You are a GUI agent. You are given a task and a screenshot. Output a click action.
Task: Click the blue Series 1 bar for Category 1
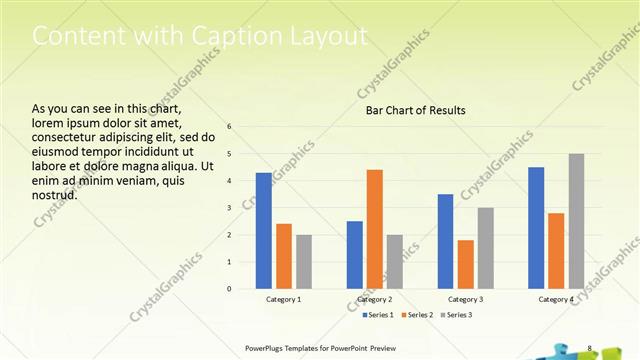pyautogui.click(x=263, y=231)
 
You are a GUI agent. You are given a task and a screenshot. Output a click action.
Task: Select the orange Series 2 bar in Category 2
pyautogui.click(x=375, y=229)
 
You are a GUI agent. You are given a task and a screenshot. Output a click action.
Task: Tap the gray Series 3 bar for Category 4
pyautogui.click(x=577, y=221)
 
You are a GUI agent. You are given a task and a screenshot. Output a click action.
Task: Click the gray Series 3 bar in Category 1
pyautogui.click(x=304, y=262)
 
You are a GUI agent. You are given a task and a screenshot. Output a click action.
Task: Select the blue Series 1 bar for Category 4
pyautogui.click(x=536, y=228)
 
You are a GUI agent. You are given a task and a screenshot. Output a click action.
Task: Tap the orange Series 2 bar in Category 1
pyautogui.click(x=284, y=256)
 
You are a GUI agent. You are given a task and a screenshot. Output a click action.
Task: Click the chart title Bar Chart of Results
pyautogui.click(x=416, y=110)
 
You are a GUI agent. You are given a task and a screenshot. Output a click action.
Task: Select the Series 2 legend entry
pyautogui.click(x=416, y=315)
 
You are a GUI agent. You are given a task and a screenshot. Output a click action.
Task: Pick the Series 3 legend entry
pyautogui.click(x=455, y=315)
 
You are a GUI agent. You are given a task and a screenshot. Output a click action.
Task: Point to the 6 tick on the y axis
pyautogui.click(x=230, y=127)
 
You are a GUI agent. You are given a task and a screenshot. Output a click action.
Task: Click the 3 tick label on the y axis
pyautogui.click(x=230, y=208)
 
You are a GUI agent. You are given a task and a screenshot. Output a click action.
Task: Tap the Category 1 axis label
pyautogui.click(x=284, y=300)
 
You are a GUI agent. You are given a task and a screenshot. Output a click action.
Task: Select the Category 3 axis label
pyautogui.click(x=465, y=300)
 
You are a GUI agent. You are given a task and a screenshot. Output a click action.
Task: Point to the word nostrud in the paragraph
pyautogui.click(x=55, y=194)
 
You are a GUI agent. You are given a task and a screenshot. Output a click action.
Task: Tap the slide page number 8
pyautogui.click(x=590, y=348)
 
